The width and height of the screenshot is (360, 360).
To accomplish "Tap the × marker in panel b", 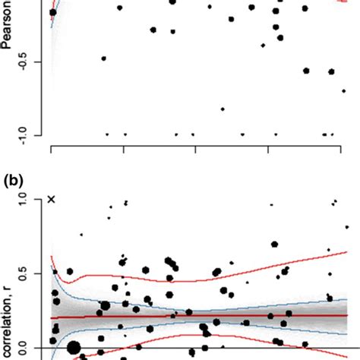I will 52,199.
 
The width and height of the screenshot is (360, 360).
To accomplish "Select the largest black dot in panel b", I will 74,349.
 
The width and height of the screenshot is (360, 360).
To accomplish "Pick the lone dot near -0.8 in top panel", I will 223,109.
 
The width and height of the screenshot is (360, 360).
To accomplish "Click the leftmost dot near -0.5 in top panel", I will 104,58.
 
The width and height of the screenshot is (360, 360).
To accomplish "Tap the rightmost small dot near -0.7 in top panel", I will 344,90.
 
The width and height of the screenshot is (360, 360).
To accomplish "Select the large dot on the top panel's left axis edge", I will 52,12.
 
